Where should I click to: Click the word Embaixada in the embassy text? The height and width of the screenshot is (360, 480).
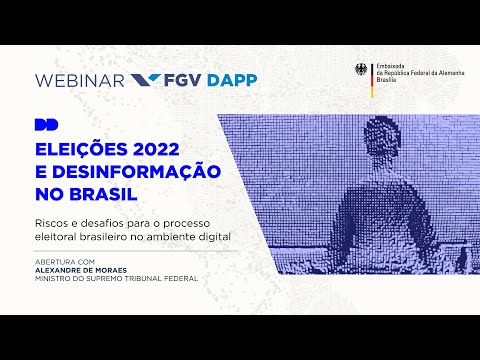click(x=389, y=66)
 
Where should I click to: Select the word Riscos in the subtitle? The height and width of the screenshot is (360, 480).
click(x=53, y=221)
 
